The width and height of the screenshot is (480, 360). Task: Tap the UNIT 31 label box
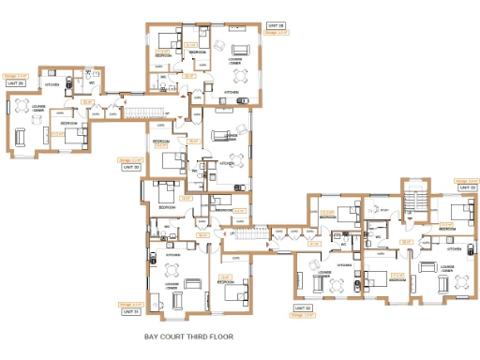(x=130, y=310)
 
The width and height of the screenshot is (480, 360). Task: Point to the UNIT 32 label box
(x=303, y=308)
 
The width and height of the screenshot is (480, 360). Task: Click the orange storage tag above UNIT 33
(x=465, y=181)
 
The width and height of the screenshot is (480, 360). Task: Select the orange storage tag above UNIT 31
(x=130, y=304)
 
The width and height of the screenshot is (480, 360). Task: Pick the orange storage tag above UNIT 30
(x=130, y=160)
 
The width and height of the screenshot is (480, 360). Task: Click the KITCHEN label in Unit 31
(x=174, y=255)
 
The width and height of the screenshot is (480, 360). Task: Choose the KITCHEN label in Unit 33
(x=454, y=249)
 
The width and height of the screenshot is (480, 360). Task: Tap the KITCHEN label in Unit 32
(x=344, y=265)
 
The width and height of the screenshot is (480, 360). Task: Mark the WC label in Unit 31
(x=166, y=227)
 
